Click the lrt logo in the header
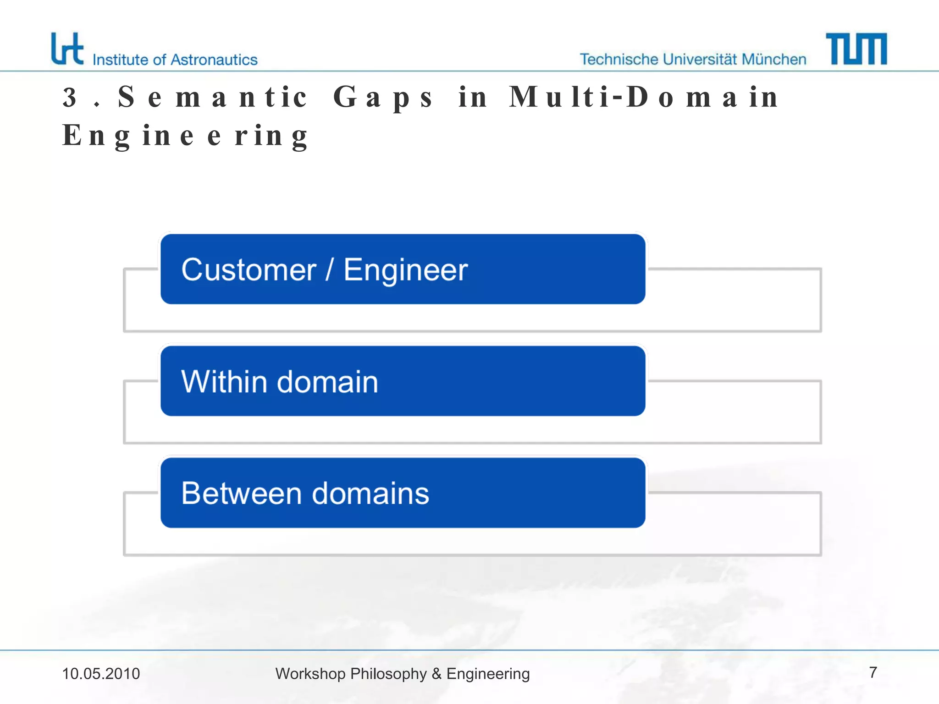[67, 49]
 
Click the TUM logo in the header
[856, 49]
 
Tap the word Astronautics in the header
[214, 60]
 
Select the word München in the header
[774, 60]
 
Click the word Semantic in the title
[212, 97]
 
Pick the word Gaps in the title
[383, 98]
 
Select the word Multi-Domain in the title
[644, 97]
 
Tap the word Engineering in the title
[185, 136]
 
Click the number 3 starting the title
[70, 98]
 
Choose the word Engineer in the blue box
[406, 270]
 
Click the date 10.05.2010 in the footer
[101, 674]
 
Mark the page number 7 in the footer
[873, 672]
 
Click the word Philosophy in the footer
[389, 674]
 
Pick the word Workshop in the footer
[310, 674]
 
